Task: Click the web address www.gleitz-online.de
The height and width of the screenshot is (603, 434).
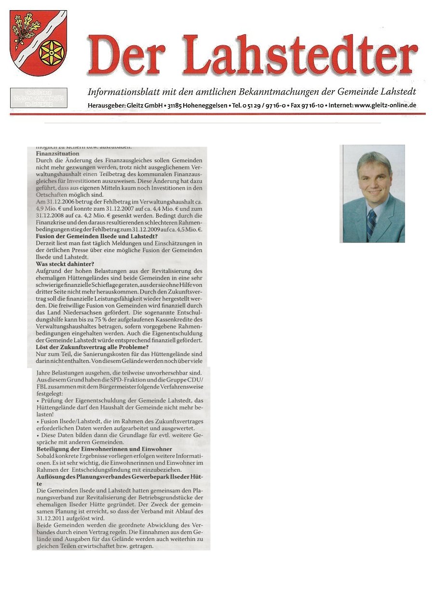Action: [385, 105]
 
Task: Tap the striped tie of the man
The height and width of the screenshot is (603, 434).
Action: [371, 224]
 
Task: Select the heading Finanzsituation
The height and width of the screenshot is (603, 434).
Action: [58, 153]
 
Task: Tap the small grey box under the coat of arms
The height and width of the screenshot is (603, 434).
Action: [38, 97]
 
